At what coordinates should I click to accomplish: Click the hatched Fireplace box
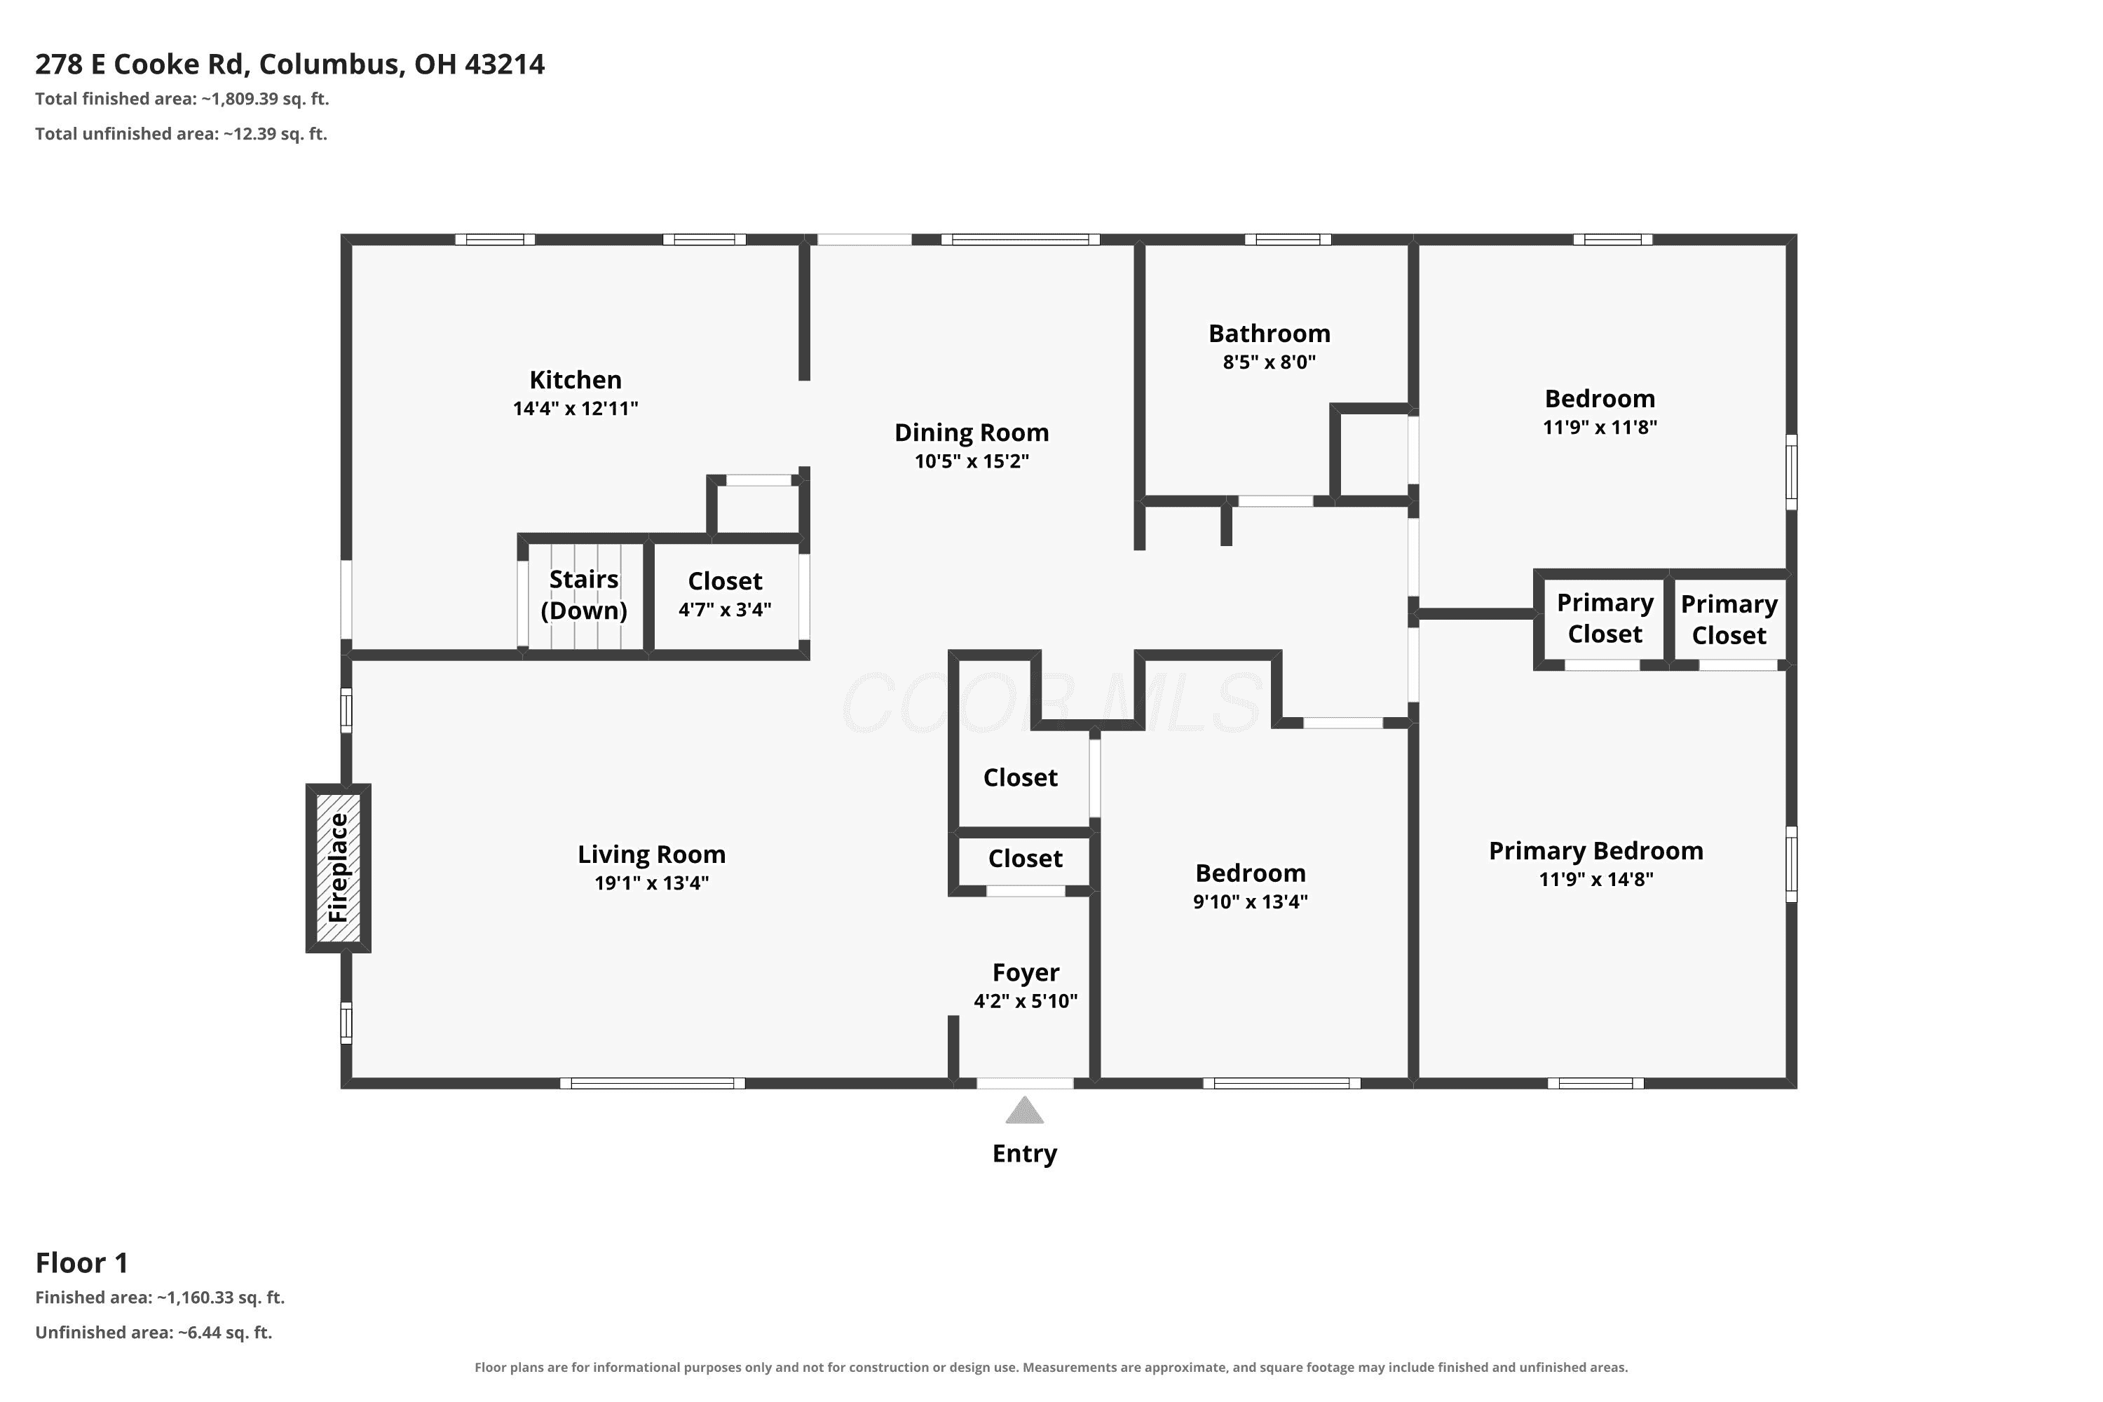click(x=338, y=867)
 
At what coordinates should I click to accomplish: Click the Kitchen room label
click(x=575, y=380)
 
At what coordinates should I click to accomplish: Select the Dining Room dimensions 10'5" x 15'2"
click(x=971, y=461)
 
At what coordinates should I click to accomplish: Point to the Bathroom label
click(x=1269, y=334)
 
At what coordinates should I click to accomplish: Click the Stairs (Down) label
click(x=584, y=594)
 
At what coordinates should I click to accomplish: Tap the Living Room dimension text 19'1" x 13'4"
click(x=651, y=883)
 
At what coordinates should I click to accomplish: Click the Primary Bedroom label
click(x=1595, y=851)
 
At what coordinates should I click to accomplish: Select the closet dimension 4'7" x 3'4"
click(x=724, y=610)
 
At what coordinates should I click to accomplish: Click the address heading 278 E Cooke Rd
click(x=142, y=64)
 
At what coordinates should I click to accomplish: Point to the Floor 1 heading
click(x=81, y=1263)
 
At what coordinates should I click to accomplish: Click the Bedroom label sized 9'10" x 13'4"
click(x=1250, y=873)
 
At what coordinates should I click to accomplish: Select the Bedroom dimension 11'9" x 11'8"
click(x=1600, y=428)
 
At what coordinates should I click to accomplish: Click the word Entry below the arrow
click(x=1025, y=1153)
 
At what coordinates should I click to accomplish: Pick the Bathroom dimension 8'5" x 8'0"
click(x=1269, y=362)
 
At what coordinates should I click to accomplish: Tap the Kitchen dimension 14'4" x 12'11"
click(x=575, y=409)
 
